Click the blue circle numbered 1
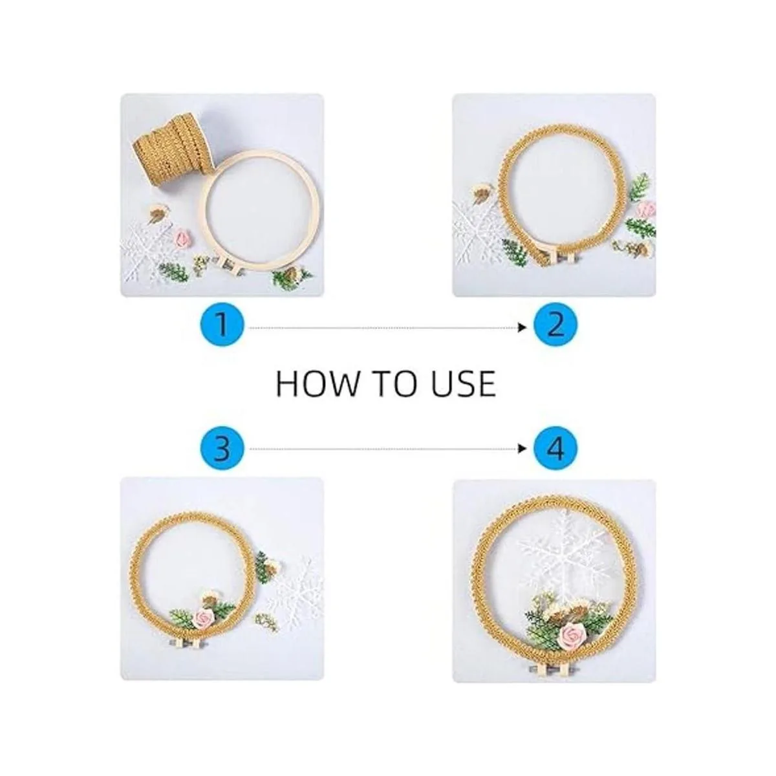coord(222,328)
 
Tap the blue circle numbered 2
coord(555,328)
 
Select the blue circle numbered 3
coord(222,448)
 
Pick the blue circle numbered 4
coord(555,448)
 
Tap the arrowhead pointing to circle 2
coord(523,328)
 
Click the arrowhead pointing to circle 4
coord(523,448)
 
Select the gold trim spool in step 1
coord(173,145)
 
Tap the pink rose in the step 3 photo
coord(204,620)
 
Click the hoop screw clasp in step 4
coord(552,669)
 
